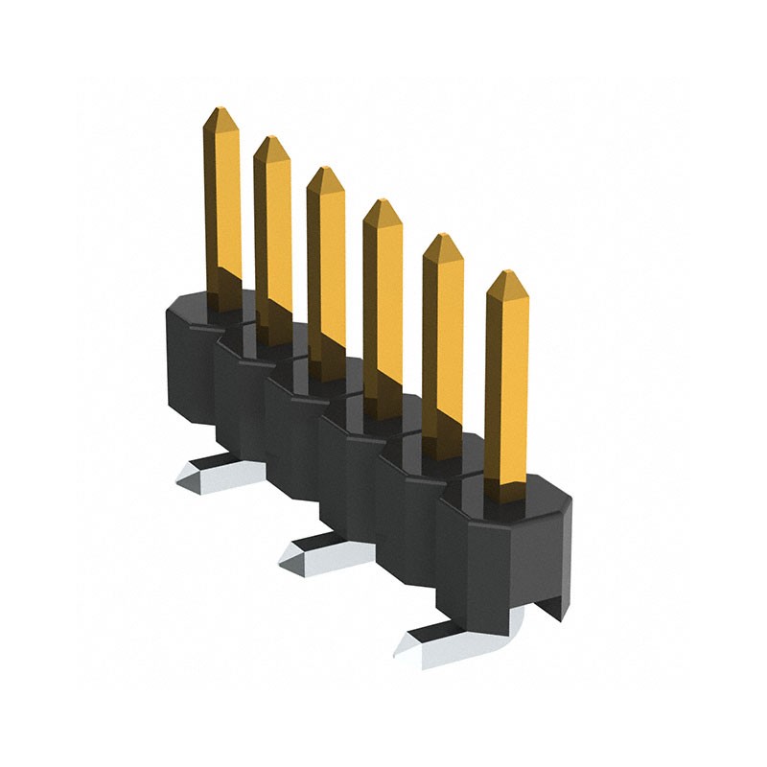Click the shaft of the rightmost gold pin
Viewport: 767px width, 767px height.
pos(507,383)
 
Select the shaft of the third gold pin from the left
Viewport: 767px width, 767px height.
pos(326,268)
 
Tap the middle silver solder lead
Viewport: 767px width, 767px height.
pos(312,551)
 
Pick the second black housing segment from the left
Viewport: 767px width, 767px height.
pos(240,393)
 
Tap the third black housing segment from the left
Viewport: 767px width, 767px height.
pos(292,431)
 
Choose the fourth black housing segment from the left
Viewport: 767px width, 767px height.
pos(350,470)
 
